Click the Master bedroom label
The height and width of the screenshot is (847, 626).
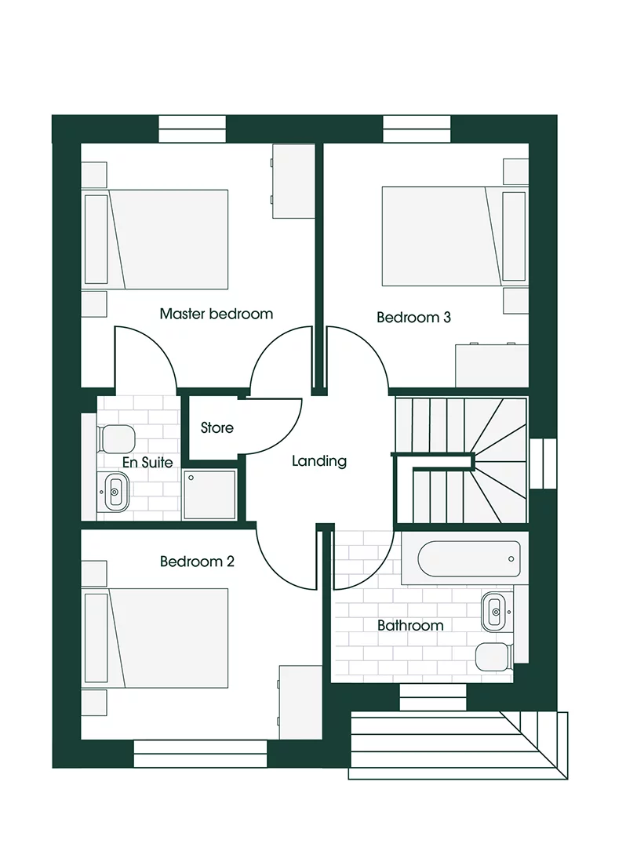[217, 314]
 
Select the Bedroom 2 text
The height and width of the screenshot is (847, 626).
[197, 562]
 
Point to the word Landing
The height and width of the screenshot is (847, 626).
[319, 461]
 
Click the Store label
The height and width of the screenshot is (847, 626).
[217, 428]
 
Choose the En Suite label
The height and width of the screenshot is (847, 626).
[147, 463]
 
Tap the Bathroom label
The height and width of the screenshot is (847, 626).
[410, 625]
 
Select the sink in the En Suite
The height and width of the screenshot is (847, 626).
[115, 493]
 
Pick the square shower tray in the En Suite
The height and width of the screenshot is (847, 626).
[209, 494]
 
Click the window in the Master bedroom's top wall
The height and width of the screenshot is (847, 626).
[192, 129]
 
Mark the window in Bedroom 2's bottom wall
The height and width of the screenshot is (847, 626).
[201, 754]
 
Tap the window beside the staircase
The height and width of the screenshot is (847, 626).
[542, 463]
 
